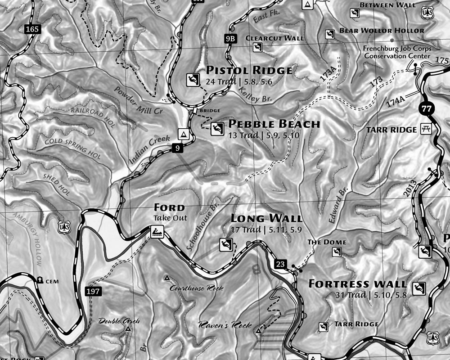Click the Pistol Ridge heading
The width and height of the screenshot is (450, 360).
coord(249,70)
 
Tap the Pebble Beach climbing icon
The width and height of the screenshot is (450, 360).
coord(217,129)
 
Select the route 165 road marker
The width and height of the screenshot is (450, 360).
coord(32,30)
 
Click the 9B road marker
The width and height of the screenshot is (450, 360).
coord(230,39)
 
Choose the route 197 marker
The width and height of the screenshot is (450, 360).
coord(94,292)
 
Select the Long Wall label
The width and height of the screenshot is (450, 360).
coord(266,218)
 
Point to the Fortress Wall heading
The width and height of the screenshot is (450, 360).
coord(357,284)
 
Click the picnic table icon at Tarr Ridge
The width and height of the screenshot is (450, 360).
coord(426,129)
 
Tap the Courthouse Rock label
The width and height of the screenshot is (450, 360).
coord(196,288)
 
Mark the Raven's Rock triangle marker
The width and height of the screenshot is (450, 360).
coord(258,331)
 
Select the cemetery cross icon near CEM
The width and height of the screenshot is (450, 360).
coord(40,280)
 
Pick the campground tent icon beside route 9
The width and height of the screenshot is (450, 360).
coord(183,134)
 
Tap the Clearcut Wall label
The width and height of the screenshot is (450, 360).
coord(274,38)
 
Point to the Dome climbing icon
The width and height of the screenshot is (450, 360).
coord(337,252)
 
